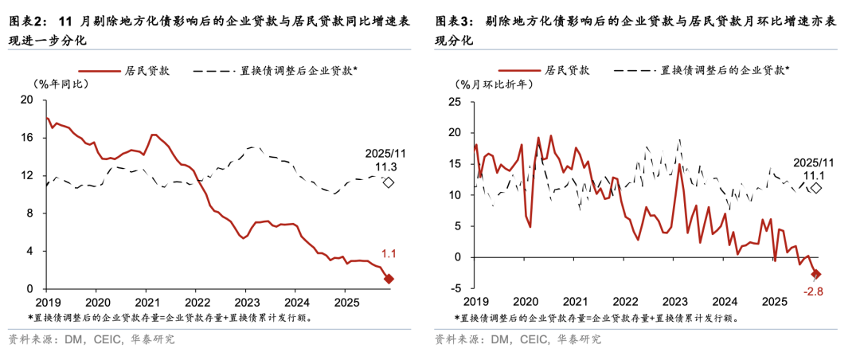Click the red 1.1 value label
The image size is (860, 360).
[389, 255]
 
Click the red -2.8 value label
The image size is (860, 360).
[814, 291]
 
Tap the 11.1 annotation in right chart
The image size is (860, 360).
[815, 174]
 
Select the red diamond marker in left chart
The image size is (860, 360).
[389, 279]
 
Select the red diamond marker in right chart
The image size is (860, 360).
[816, 275]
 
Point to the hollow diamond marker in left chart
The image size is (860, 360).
[389, 182]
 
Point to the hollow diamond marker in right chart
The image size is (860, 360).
[816, 188]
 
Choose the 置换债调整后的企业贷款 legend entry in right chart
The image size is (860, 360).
[723, 70]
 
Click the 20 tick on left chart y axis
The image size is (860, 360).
[26, 100]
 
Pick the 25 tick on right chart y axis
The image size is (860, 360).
[455, 102]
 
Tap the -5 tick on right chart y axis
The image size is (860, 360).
[455, 288]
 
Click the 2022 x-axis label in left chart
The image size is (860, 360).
[197, 303]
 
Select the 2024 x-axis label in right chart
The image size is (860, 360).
[725, 303]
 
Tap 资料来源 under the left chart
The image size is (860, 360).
[29, 339]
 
